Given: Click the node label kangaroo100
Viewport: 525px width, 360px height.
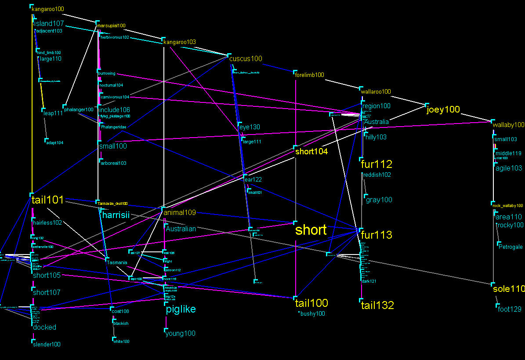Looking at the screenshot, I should click(x=48, y=9).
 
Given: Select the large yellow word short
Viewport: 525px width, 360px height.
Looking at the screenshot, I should click(x=311, y=230).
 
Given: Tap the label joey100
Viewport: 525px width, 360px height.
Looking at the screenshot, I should click(x=443, y=110).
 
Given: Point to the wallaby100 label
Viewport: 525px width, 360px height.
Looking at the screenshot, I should click(x=508, y=125).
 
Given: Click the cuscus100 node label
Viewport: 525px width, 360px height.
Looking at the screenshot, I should click(x=246, y=58).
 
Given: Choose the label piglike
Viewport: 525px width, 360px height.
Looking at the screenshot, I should click(x=181, y=309).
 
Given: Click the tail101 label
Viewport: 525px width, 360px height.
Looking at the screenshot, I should click(x=47, y=200).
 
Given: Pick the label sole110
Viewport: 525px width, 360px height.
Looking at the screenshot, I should click(x=509, y=289).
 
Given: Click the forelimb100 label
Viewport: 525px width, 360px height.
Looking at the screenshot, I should click(x=310, y=75).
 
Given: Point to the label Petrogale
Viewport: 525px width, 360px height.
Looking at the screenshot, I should click(x=511, y=247).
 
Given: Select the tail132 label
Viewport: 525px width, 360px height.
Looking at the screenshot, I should click(x=377, y=305).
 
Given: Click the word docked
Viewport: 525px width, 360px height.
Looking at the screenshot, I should click(x=45, y=327).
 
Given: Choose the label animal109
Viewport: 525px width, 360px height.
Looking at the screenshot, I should click(x=180, y=213).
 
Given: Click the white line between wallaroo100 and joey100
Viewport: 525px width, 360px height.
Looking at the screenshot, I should click(x=407, y=100).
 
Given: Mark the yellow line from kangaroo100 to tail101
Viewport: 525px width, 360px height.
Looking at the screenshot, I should click(x=33, y=110).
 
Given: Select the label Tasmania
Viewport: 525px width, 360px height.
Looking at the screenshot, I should click(x=117, y=262).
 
